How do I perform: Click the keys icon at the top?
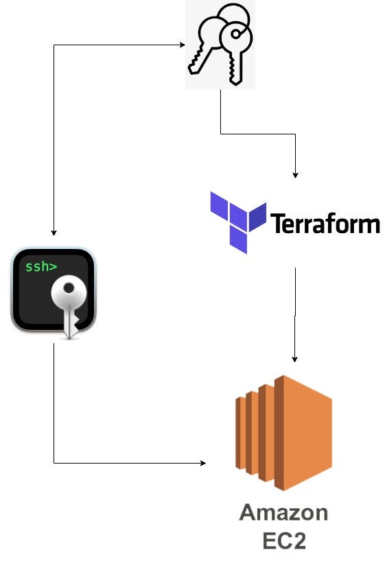(220, 45)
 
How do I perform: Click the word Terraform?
(325, 224)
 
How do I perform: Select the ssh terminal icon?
(54, 293)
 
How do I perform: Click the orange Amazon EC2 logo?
(283, 432)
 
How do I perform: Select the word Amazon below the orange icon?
(283, 513)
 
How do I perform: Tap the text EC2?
(283, 540)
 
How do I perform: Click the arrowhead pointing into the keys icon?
(183, 45)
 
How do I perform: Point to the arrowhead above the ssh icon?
(54, 233)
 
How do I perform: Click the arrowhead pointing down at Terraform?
(295, 176)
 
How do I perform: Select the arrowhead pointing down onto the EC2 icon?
(295, 359)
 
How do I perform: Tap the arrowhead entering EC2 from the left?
(202, 464)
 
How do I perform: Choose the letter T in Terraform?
(278, 224)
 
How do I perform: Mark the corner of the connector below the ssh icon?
(54, 464)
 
